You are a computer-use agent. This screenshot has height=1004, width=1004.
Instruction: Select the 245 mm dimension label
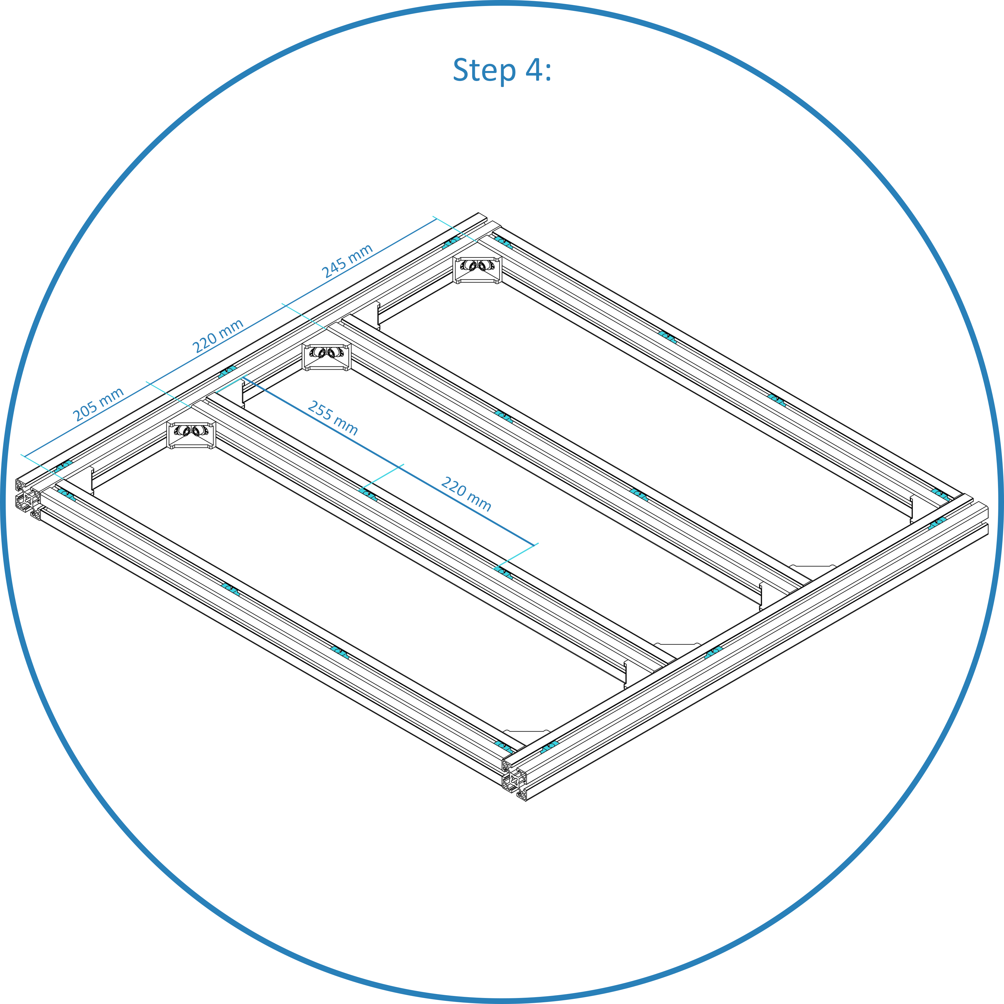[347, 261]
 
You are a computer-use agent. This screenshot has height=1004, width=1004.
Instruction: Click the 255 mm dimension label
[333, 418]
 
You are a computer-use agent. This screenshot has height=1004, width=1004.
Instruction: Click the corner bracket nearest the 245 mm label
[477, 269]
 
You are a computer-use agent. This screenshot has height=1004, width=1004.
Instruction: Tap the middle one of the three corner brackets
[326, 357]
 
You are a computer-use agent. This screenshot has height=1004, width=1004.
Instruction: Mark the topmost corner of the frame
[479, 213]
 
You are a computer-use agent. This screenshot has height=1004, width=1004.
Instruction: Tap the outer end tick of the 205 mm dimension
[24, 457]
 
